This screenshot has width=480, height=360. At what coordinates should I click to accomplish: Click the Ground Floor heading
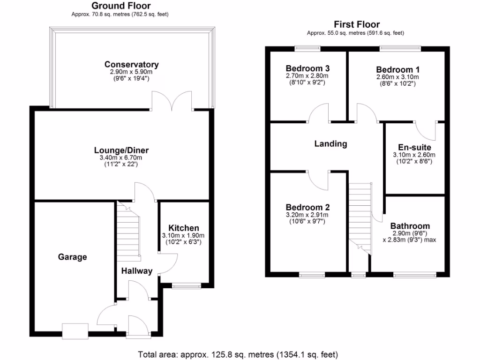tap(120, 6)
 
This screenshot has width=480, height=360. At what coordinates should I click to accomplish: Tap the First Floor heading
tap(357, 24)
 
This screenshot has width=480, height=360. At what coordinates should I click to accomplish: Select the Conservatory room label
tap(131, 65)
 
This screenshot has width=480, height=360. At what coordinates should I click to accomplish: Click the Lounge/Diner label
tap(121, 150)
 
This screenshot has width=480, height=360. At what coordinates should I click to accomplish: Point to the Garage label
tap(72, 257)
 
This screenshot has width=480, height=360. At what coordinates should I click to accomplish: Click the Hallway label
tap(137, 271)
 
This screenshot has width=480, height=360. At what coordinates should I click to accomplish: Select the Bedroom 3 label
tap(307, 68)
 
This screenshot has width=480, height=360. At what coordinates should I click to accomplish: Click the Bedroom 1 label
tap(397, 68)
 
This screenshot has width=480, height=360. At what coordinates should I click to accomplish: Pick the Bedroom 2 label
tap(307, 207)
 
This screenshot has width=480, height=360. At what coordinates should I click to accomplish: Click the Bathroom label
tap(410, 226)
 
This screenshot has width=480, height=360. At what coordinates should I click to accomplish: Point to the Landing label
tap(330, 144)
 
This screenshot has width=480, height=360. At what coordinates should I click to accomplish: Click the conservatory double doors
tap(172, 101)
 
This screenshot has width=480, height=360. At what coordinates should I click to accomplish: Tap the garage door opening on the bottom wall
tap(75, 331)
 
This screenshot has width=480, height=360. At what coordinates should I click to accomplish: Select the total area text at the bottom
tap(238, 354)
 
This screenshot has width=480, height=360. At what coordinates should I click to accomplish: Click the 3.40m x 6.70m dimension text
tap(121, 158)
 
